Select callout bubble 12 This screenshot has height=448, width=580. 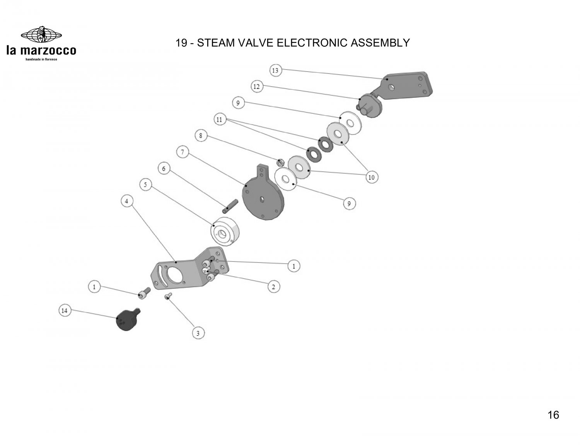[x=256, y=87]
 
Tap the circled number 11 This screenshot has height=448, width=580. [x=220, y=119]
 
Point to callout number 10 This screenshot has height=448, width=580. [x=371, y=177]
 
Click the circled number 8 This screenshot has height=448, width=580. [x=201, y=136]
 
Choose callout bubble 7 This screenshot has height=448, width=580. [x=182, y=152]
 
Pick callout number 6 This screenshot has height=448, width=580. [x=164, y=169]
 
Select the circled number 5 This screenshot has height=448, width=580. [x=145, y=185]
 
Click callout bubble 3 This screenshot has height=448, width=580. [x=198, y=333]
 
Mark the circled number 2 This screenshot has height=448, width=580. [x=273, y=287]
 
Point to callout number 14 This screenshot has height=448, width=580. [x=65, y=310]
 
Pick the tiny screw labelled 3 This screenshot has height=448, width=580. [x=168, y=296]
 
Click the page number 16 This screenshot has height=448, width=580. [x=553, y=415]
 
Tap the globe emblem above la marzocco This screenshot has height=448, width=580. [x=41, y=35]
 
